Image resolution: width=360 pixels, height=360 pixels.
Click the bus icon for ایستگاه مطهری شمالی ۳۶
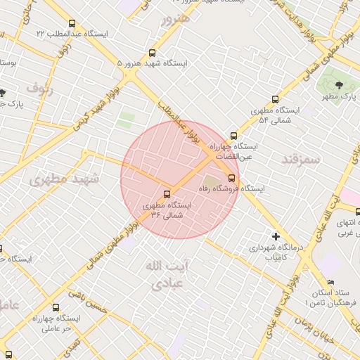tap(167, 194)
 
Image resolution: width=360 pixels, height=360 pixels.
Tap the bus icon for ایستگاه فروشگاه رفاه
tap(233, 177)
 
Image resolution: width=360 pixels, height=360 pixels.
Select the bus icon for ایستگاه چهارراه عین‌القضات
tap(233, 136)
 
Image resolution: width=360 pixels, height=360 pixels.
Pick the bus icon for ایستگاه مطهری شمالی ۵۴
tap(275, 100)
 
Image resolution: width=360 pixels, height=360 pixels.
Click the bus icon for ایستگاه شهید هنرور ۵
tap(153, 53)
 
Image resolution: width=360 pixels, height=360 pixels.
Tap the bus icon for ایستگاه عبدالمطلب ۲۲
tap(72, 24)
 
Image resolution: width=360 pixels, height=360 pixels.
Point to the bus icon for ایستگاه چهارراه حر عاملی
tap(56, 307)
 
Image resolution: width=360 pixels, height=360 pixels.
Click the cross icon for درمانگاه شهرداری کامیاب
tap(276, 236)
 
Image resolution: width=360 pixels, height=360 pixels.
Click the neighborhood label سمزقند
tap(301, 160)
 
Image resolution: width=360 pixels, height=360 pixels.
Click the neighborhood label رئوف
tap(41, 88)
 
